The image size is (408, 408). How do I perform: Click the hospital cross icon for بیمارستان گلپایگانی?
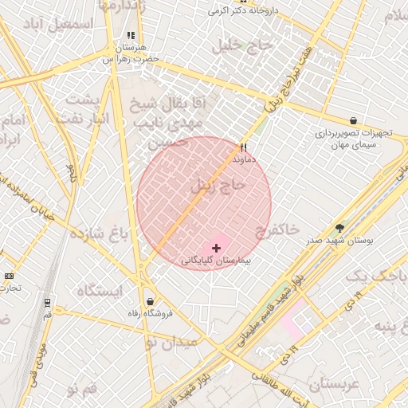216,249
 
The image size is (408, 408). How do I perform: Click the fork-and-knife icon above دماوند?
244,147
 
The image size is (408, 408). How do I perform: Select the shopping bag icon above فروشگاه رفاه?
150,301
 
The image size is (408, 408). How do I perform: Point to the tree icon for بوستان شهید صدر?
339,228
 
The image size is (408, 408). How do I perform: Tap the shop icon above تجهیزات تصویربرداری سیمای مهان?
353,121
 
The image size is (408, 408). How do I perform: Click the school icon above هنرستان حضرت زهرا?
131,36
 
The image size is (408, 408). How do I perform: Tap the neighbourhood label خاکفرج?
277,232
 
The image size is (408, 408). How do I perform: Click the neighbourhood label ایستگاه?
99,290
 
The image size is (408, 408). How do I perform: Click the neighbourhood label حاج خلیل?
243,46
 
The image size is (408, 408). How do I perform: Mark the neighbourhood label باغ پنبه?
386,330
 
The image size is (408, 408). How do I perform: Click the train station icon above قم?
47,303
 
